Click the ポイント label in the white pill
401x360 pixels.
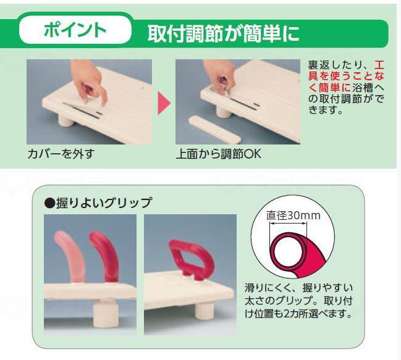[76, 30]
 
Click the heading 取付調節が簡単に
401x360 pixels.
[223, 33]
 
